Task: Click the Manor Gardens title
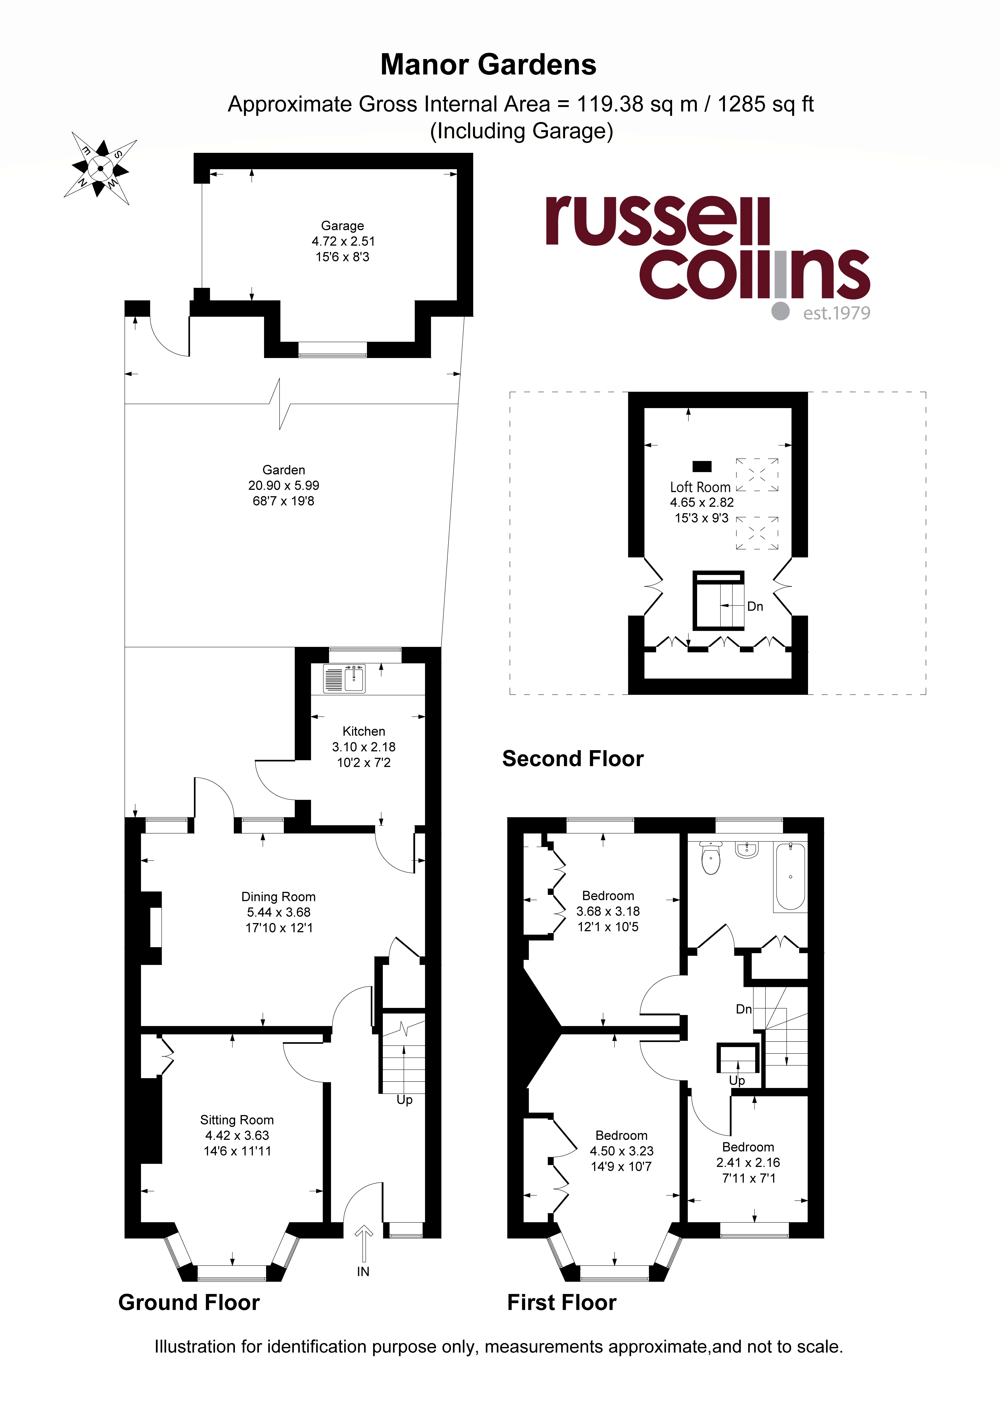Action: click(488, 65)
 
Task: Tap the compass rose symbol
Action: click(100, 168)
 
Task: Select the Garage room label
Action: click(342, 226)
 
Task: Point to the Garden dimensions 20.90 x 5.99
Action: click(284, 485)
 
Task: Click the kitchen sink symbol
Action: click(344, 678)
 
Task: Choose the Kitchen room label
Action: click(364, 731)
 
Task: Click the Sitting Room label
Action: click(237, 1120)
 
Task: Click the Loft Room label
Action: click(700, 487)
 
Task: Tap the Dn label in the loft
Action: click(755, 606)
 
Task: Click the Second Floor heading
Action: click(573, 759)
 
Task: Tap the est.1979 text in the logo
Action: click(837, 313)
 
